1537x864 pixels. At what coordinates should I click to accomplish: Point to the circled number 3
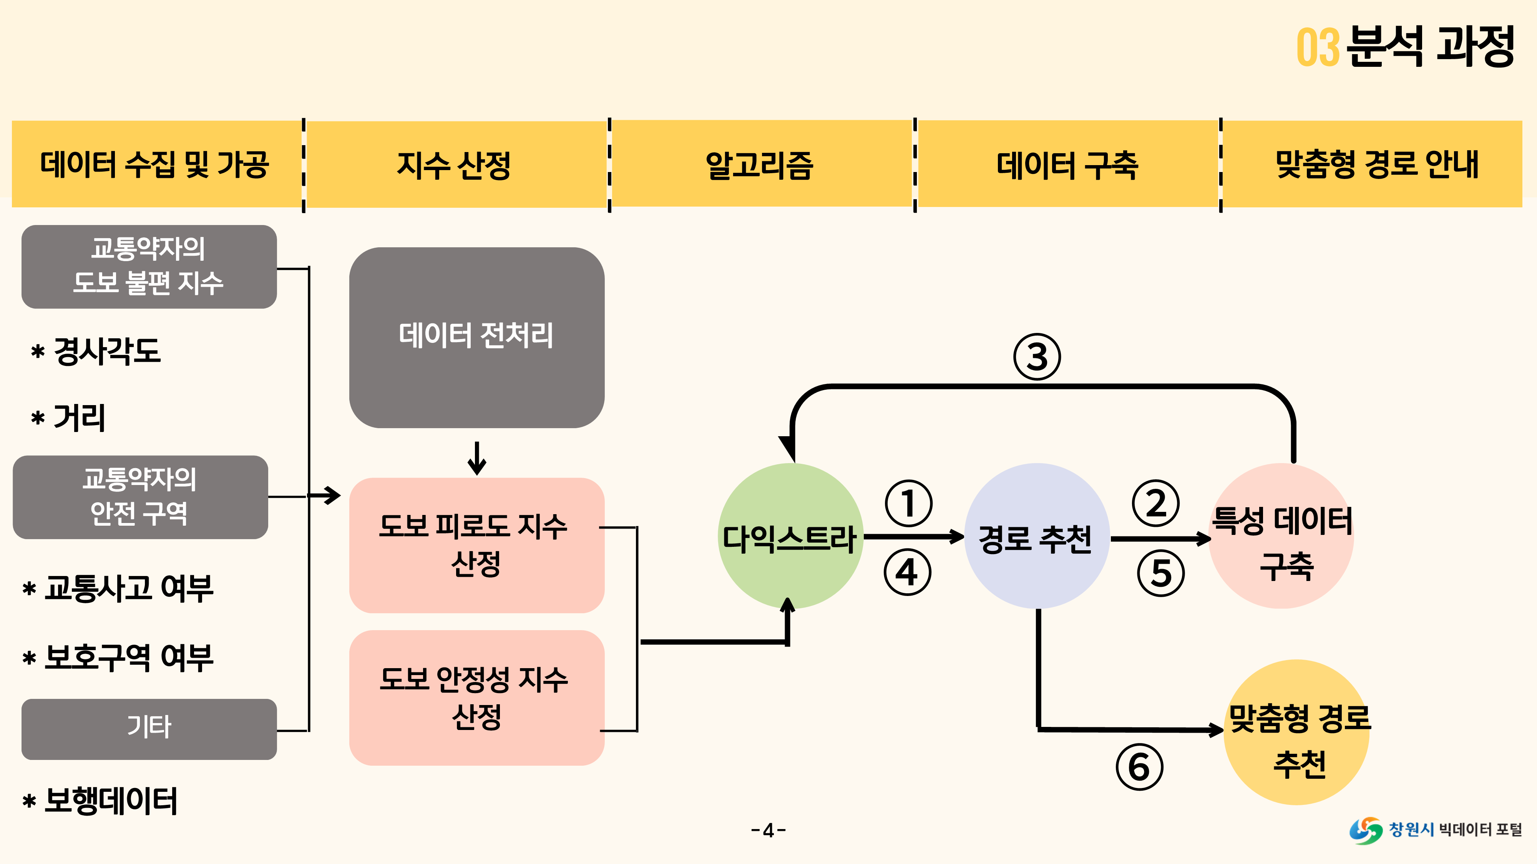pos(1037,357)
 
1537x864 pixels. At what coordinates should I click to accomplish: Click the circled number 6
pos(1139,767)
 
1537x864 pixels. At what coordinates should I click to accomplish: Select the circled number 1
pos(908,503)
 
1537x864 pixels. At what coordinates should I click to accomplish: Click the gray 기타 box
pos(149,729)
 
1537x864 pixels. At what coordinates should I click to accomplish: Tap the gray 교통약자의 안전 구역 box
pos(140,497)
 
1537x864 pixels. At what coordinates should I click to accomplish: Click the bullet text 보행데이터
pos(110,801)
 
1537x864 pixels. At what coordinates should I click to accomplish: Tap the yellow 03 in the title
pos(1318,48)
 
